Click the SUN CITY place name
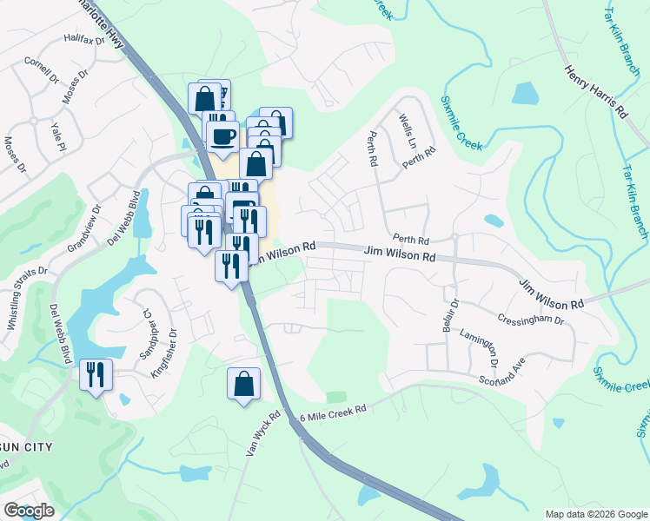click(26, 447)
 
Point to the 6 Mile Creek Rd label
click(334, 409)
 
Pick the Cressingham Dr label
click(532, 320)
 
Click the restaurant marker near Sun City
click(96, 375)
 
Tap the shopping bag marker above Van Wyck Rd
click(244, 384)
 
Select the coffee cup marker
click(222, 136)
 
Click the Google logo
click(29, 511)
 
